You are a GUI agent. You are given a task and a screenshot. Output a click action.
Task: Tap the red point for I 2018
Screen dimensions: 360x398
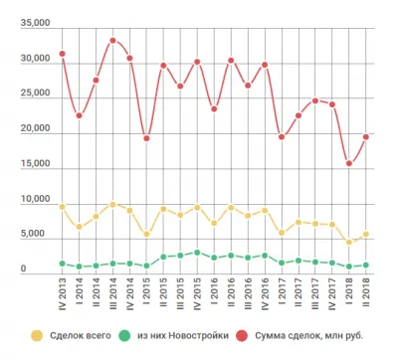[349, 164]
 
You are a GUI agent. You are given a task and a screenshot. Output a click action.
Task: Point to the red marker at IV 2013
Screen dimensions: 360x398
[62, 54]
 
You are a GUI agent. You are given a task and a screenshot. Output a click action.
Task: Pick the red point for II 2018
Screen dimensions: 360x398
[366, 137]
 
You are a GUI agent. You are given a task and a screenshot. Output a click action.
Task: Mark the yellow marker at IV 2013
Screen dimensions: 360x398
[62, 207]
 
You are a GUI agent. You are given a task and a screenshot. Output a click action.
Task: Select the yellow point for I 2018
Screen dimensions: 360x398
[349, 242]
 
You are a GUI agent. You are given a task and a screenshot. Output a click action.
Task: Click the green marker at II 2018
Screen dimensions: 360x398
[366, 265]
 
